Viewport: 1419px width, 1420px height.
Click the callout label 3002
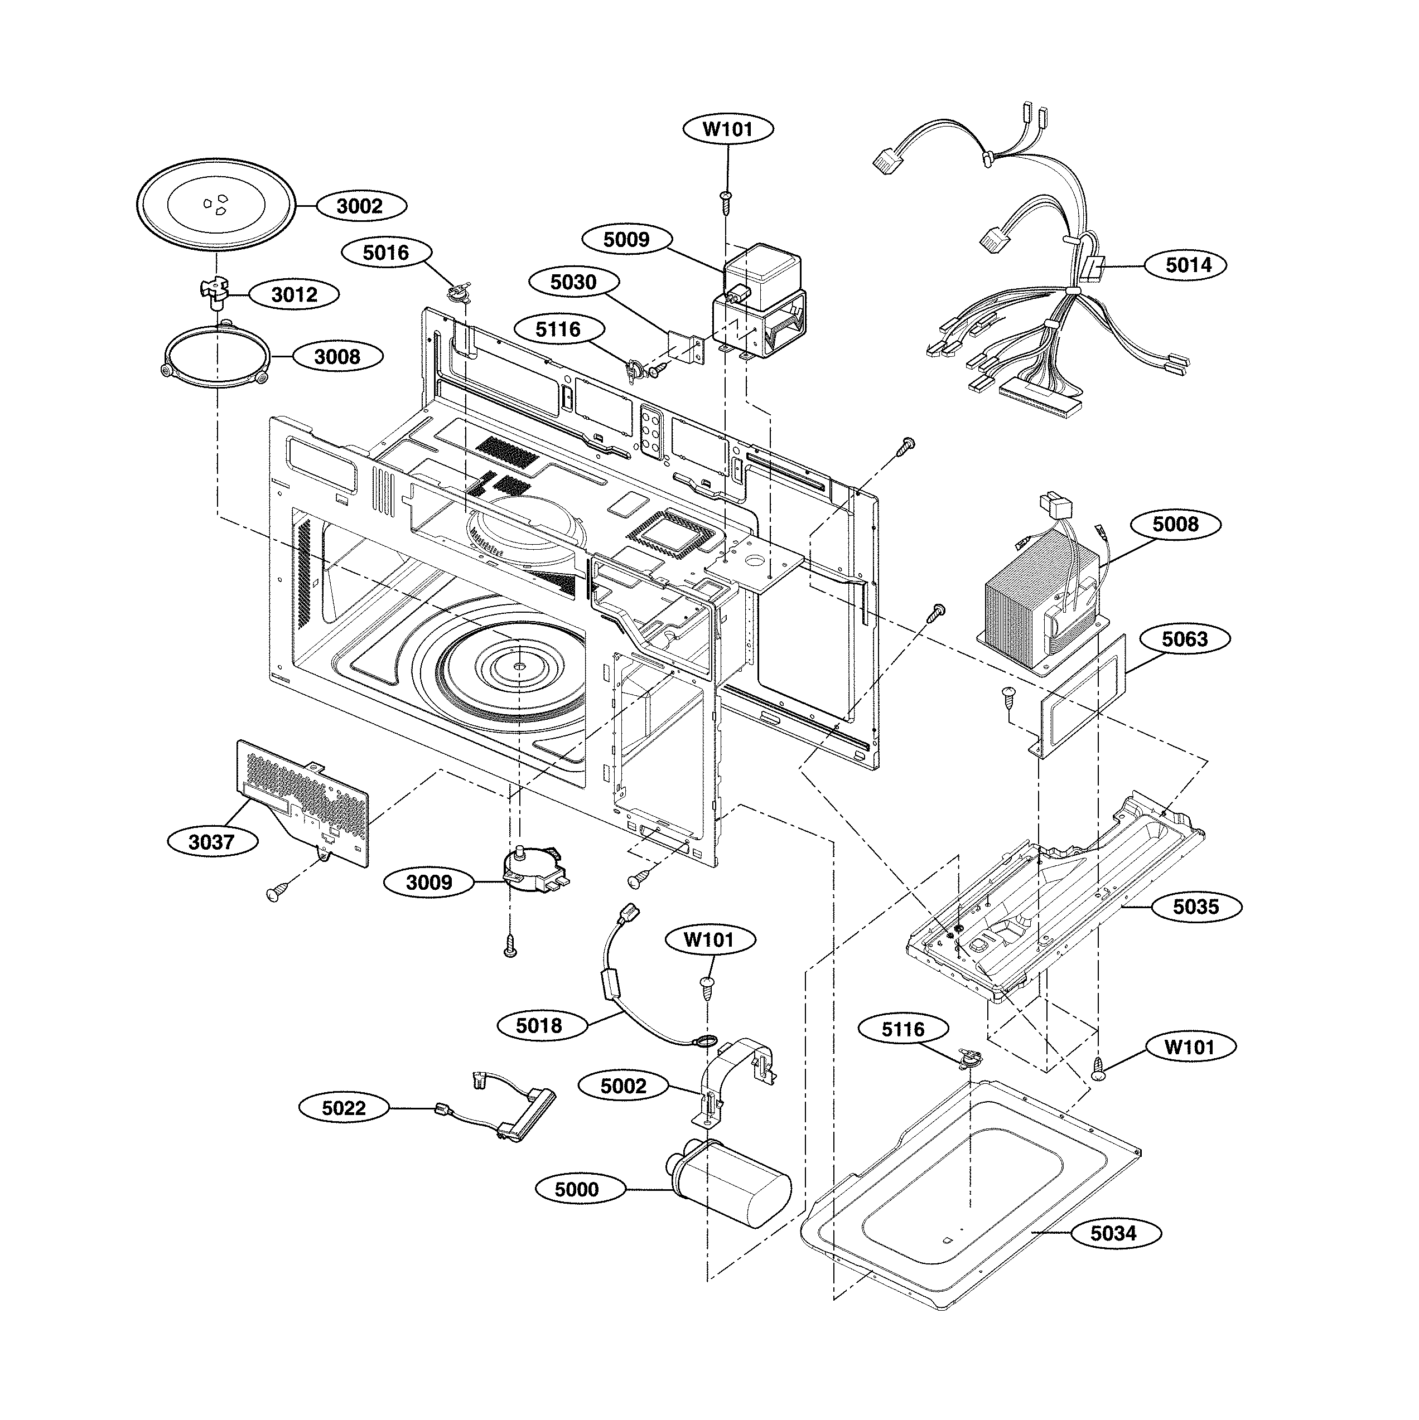click(x=360, y=206)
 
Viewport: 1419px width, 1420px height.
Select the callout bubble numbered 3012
click(x=294, y=295)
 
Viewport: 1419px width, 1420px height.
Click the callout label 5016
click(x=386, y=254)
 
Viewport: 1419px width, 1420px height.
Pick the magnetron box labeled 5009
click(x=765, y=275)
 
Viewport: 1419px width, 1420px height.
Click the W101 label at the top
click(x=728, y=130)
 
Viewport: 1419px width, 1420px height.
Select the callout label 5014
click(x=1189, y=265)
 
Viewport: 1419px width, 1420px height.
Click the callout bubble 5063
click(x=1185, y=639)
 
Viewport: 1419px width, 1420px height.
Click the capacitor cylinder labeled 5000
click(x=735, y=1186)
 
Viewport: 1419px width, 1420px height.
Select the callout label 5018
click(x=539, y=1025)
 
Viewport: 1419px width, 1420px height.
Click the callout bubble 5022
click(x=344, y=1108)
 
